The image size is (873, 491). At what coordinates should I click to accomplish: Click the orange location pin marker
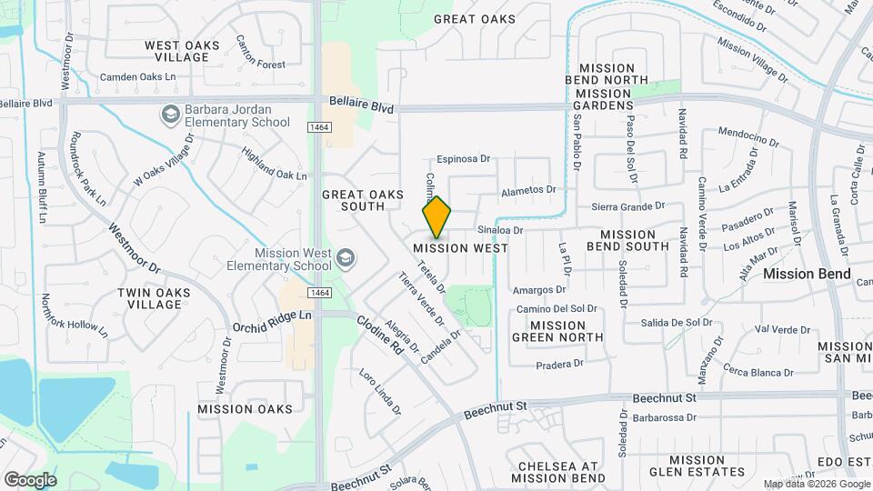coord(437,218)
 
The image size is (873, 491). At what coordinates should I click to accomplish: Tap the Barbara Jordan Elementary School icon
coord(169,115)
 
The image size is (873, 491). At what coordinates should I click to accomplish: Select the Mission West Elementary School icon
coord(345,259)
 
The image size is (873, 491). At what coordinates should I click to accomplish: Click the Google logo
coord(29,479)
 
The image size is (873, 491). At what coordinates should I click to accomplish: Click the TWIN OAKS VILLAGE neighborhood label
coord(149,298)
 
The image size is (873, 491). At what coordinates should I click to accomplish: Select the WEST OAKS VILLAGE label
coord(179,50)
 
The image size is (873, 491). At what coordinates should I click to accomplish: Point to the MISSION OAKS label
coord(246,409)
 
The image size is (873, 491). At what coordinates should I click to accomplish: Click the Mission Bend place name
coord(807,274)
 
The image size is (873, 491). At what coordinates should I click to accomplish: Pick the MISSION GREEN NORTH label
coord(557,331)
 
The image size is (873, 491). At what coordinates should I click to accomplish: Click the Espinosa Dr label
coord(464,158)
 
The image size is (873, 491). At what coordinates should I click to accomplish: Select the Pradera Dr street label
coord(559,364)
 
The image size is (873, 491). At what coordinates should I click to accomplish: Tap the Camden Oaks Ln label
coord(137,77)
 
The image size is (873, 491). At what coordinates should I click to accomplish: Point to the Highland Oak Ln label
coord(274,163)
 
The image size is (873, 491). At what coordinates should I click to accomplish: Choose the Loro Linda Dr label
coord(380,392)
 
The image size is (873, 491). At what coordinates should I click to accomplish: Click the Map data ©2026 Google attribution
coord(817,484)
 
